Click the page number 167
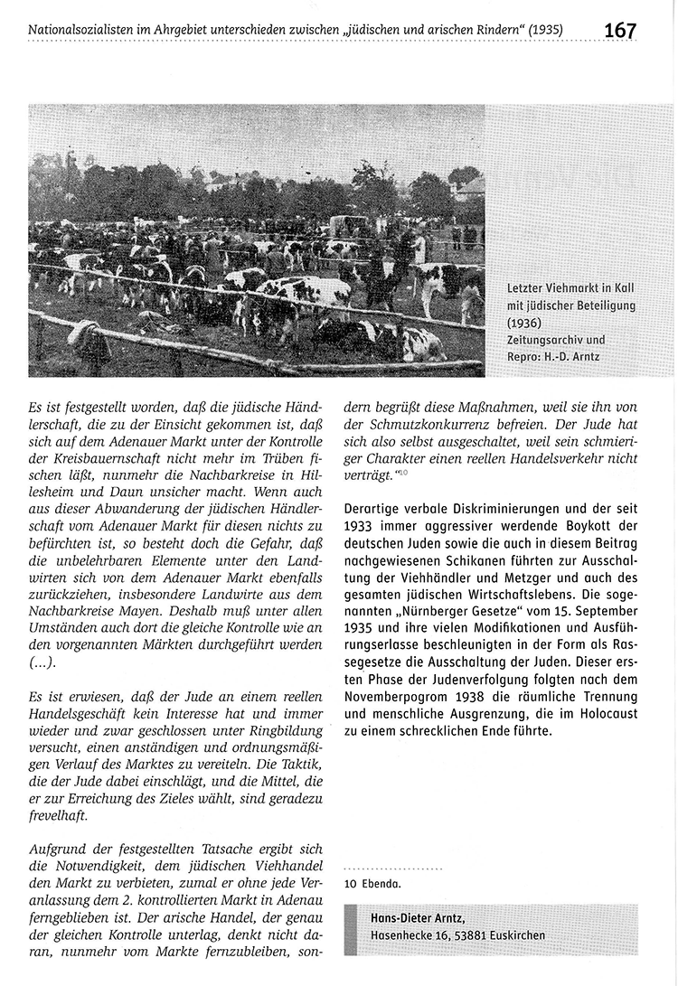(620, 29)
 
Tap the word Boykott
(561, 525)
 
